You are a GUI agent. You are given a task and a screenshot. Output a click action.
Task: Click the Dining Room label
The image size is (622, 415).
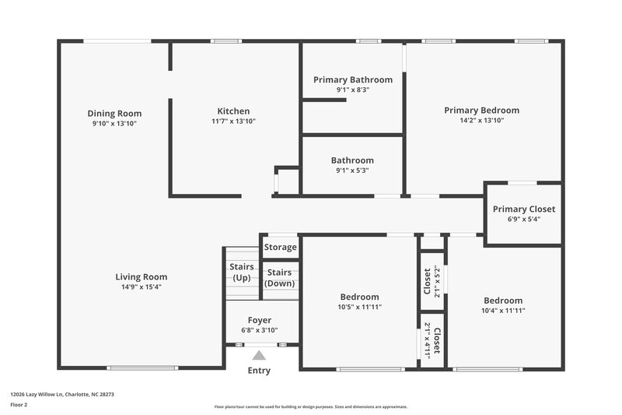[x=114, y=114]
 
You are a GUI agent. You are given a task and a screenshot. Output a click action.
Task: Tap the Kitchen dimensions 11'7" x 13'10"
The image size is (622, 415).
[x=233, y=121]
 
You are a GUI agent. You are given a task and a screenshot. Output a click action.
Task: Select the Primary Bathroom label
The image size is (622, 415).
[x=352, y=79]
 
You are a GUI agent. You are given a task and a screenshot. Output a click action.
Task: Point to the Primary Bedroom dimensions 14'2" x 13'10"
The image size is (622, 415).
[x=481, y=121]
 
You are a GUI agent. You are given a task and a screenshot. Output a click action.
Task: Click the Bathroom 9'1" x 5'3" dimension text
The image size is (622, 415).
[x=352, y=171]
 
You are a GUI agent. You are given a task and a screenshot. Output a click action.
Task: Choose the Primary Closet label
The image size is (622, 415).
[x=523, y=209]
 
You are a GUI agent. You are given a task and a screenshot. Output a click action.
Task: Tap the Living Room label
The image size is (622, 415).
[x=141, y=276]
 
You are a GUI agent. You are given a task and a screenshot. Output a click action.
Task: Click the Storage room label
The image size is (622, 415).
[x=280, y=248]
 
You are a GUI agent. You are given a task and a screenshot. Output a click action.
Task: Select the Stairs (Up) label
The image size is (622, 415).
[x=241, y=272]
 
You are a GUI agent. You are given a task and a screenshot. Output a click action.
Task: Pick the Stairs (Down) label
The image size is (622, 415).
[x=280, y=277]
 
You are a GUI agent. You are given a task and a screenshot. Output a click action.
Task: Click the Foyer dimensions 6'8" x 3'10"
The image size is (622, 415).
[x=259, y=330]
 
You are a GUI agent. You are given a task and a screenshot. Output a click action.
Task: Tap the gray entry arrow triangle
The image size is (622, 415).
[x=259, y=355]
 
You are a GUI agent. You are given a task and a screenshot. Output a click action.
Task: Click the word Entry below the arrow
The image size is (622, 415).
[x=259, y=371]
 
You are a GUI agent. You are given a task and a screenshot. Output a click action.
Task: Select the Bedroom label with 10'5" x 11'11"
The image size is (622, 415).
[x=359, y=297]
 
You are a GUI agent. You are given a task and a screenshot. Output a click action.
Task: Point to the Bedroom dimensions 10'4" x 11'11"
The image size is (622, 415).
[x=502, y=311]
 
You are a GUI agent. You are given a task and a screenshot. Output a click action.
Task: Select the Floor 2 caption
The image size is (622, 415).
[x=19, y=405]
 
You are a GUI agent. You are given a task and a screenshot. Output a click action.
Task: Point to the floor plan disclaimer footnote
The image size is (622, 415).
[x=310, y=406]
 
